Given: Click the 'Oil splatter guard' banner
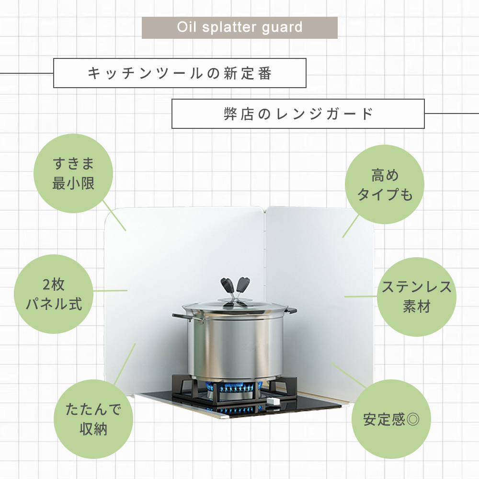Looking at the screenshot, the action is point(239,27).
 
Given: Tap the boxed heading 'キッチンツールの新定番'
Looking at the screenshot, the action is point(180,73).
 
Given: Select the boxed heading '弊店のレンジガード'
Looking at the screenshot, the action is point(298,114).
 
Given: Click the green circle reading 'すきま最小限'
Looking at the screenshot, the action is point(73,173).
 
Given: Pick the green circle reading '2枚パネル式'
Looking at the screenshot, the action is point(54,294).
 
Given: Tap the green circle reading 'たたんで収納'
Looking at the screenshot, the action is point(93,419).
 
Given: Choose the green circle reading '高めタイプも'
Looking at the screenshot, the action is point(385,184).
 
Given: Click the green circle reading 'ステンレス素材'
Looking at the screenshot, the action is point(417,297).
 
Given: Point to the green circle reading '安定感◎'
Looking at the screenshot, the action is point(391,419).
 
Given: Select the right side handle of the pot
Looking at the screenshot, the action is point(291,311).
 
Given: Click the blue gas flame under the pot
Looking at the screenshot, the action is point(234,388).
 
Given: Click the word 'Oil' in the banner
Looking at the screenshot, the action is point(186,27).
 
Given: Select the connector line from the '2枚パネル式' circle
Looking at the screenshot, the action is point(110,291).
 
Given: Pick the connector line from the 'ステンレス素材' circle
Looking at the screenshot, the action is point(361,297).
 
